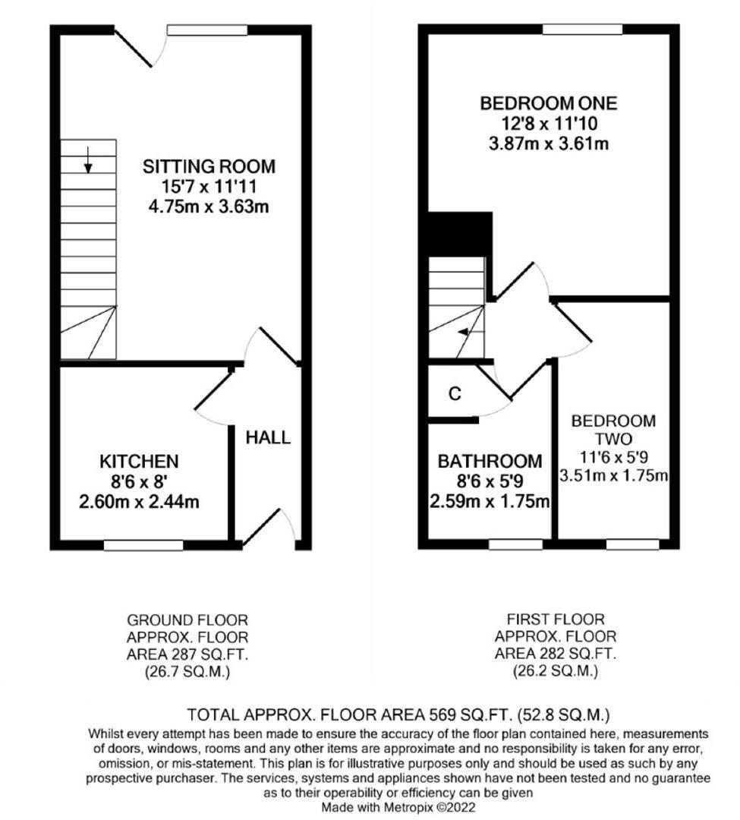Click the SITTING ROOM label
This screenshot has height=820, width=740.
pos(209,166)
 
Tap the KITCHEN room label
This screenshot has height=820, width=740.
pos(139,461)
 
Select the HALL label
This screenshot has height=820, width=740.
pos(267,437)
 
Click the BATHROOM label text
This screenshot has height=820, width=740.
pos(490,461)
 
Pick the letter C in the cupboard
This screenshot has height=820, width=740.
pos(455,393)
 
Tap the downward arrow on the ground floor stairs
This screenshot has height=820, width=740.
pos(88,159)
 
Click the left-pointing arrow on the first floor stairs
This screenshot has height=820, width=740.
pos(464,332)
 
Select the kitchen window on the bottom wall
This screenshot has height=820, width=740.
pos(143,544)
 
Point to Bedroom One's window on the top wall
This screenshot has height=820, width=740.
pos(582,30)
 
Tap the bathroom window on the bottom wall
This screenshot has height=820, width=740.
pos(515,544)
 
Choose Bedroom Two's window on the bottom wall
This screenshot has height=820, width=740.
pos(631,544)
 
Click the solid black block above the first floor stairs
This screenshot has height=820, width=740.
pos(460,234)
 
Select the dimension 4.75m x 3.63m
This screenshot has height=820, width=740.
pos(209,206)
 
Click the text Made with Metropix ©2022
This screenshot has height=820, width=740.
pos(398,807)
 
